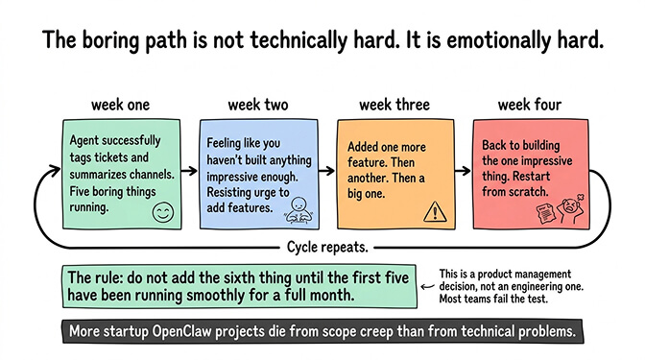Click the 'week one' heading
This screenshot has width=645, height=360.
click(119, 104)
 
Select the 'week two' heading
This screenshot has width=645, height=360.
click(254, 104)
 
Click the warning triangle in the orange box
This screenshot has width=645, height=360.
click(434, 209)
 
